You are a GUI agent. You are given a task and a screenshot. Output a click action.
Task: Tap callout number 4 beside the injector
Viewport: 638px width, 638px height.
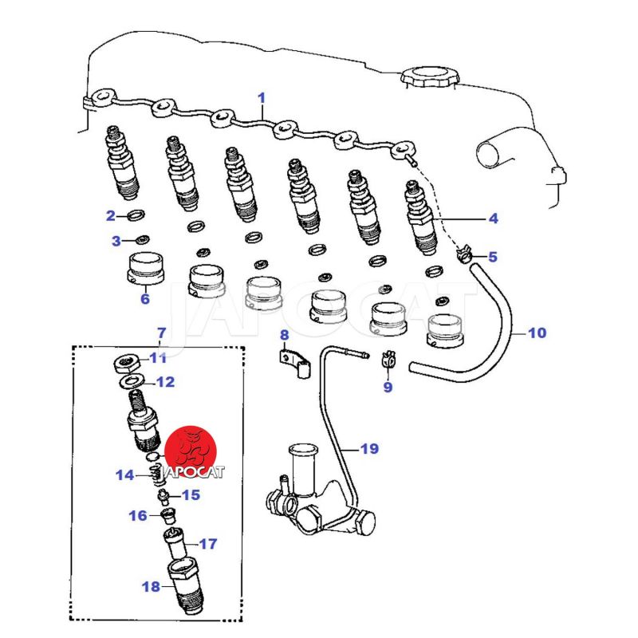(x=493, y=218)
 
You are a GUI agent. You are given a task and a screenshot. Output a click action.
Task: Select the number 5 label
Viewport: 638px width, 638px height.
(x=492, y=257)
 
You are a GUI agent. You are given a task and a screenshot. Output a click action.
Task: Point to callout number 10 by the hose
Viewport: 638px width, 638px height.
(x=537, y=333)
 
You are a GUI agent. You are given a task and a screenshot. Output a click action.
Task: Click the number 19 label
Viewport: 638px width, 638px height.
(x=368, y=449)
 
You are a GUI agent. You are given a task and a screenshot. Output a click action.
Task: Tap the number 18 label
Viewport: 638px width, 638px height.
(x=151, y=588)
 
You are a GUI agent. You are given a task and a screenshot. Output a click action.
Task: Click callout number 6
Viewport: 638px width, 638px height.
(x=144, y=300)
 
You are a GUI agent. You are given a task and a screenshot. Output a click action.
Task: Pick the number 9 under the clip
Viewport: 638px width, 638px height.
(x=388, y=388)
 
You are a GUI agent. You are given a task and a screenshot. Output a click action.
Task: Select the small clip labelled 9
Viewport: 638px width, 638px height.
(x=389, y=361)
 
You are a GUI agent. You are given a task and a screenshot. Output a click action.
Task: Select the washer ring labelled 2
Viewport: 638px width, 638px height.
(x=136, y=215)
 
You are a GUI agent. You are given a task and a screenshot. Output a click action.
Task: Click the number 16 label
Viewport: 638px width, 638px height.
(x=137, y=515)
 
